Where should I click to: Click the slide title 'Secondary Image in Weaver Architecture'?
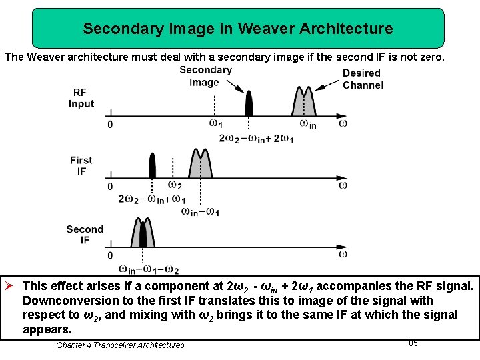(238, 29)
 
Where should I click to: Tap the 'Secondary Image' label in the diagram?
(205, 76)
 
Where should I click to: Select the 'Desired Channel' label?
(363, 79)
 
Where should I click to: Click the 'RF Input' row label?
(81, 98)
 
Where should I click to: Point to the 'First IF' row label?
(81, 165)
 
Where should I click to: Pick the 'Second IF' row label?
(85, 235)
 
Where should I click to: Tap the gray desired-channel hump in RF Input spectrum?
(304, 104)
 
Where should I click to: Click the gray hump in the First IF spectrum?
(200, 165)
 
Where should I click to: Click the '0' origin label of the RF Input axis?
(110, 125)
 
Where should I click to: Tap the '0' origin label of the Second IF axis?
(110, 256)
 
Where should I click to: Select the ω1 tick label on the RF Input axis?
(215, 123)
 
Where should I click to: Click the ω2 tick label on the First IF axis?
(174, 185)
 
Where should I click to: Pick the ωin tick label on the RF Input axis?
(307, 124)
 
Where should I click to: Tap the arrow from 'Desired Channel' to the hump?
(327, 85)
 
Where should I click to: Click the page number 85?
(413, 343)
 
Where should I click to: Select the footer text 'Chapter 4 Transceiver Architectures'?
(120, 345)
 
